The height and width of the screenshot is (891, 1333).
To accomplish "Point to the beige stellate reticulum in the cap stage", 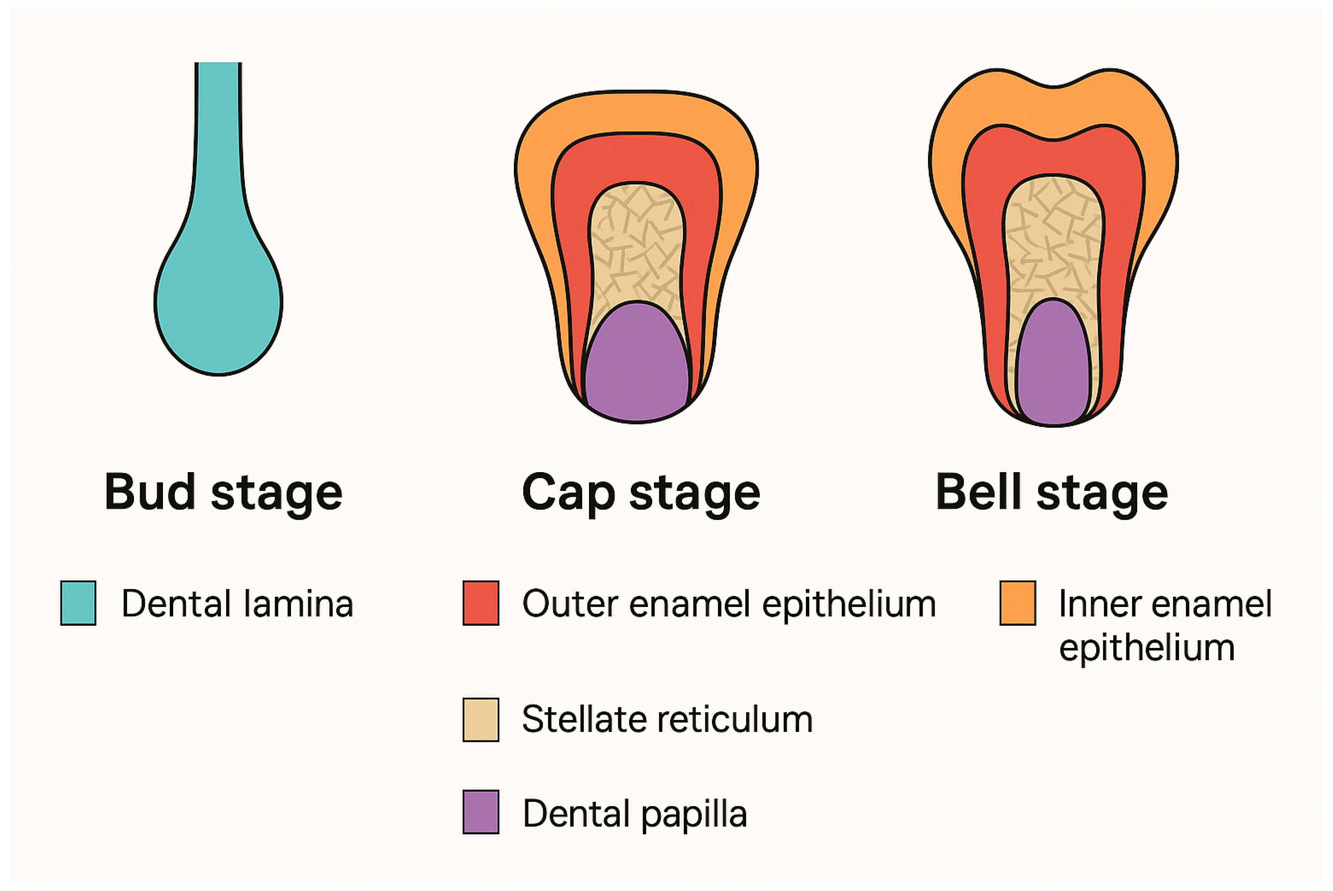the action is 636,244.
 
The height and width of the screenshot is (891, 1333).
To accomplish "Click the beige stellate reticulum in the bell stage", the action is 1053,239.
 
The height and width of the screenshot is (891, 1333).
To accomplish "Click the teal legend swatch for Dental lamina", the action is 78,603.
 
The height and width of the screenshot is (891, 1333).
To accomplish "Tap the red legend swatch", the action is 481,603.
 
